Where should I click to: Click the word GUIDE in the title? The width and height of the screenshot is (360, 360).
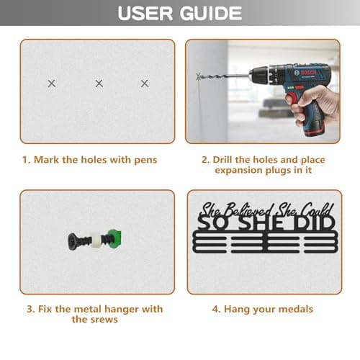pos(211,13)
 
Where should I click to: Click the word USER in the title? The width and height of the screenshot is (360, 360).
pos(145,13)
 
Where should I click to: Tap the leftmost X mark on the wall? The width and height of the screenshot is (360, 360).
pos(52,84)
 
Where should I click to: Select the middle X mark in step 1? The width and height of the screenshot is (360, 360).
pos(99,84)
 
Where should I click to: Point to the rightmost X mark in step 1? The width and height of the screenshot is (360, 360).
pos(145,84)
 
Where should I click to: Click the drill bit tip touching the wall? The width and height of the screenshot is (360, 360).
pos(198,76)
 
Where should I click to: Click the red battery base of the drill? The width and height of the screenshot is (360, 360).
pos(313,129)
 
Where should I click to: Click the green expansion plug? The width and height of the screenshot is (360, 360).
pos(114,238)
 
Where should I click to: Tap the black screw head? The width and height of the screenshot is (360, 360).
pos(72,241)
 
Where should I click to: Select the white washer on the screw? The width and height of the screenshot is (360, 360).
pos(95,240)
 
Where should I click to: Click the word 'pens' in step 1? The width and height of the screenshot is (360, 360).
pos(145,161)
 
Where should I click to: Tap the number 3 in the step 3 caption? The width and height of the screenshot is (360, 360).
pos(30,309)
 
